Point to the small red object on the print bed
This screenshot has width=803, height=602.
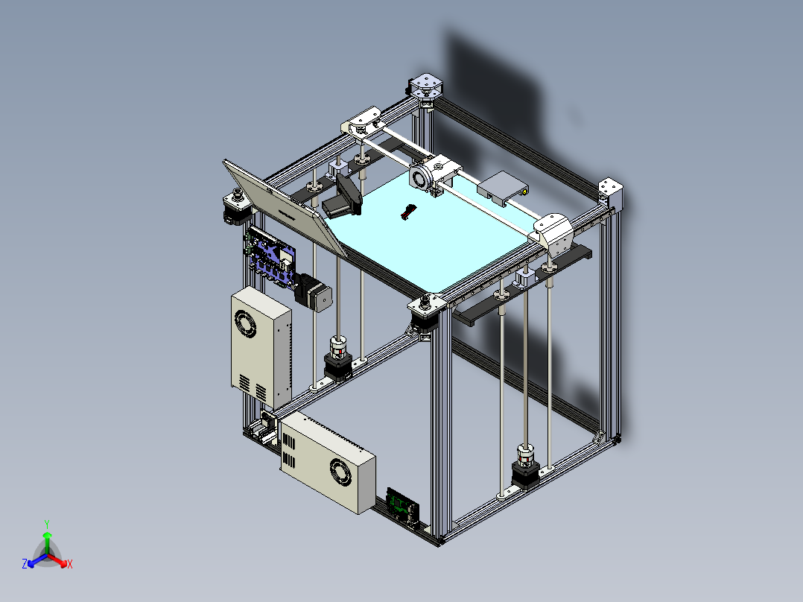tap(407, 212)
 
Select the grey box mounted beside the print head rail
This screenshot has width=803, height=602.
tap(502, 188)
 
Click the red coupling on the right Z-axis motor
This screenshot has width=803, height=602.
tap(526, 454)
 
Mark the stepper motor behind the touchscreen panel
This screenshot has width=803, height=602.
tap(236, 207)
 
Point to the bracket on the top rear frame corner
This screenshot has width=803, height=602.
tap(426, 86)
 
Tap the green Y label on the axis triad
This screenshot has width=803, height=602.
tap(46, 524)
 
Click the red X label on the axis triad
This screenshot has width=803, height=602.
tap(70, 564)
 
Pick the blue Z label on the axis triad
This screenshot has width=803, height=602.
tap(25, 564)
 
